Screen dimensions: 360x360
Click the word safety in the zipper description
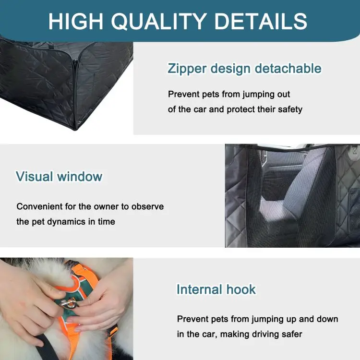pyautogui.click(x=288, y=109)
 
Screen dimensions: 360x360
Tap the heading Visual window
pyautogui.click(x=59, y=176)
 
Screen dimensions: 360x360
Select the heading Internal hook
pyautogui.click(x=216, y=289)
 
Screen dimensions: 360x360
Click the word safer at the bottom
pyautogui.click(x=290, y=334)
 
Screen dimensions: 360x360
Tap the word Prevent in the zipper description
pyautogui.click(x=182, y=94)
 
